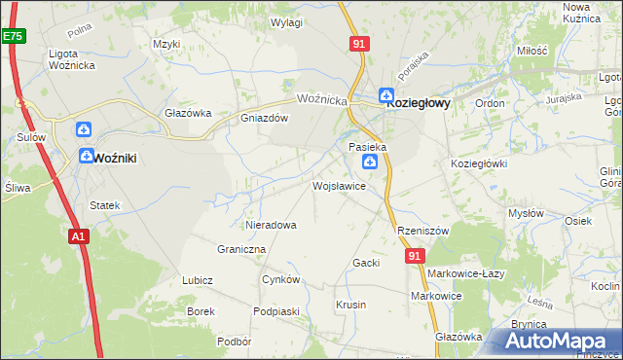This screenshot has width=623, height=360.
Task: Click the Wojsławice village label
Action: pos(339,185)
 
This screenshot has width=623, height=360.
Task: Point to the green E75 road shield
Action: pos(12,36)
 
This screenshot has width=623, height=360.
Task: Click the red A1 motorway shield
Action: pos(80,235)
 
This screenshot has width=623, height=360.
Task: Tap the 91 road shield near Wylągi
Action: pos(359,44)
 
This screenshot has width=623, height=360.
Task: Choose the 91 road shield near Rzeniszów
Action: pos(416,256)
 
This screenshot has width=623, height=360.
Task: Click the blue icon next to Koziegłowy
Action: pos(386,95)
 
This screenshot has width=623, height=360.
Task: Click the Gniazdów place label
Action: pos(265,119)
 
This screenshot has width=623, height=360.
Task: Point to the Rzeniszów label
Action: pos(422,231)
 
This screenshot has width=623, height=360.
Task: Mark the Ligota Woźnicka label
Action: pos(76,58)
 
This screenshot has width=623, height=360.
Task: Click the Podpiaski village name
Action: pos(275,310)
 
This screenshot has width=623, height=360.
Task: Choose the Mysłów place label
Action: pos(527,213)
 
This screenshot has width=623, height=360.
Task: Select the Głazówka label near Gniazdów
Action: pos(188,113)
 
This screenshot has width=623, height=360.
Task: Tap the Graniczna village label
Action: pos(241,249)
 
